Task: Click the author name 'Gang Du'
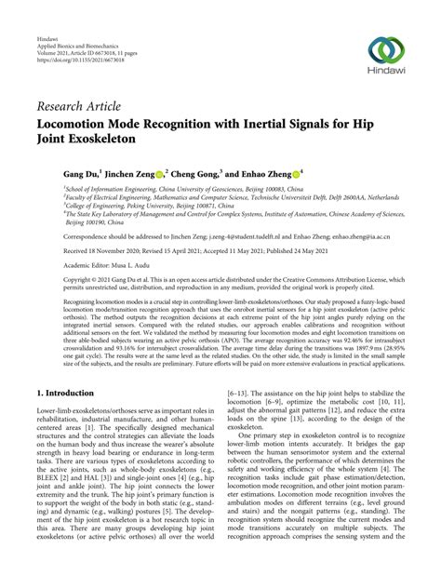click(x=80, y=173)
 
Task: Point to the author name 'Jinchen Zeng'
click(x=129, y=173)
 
